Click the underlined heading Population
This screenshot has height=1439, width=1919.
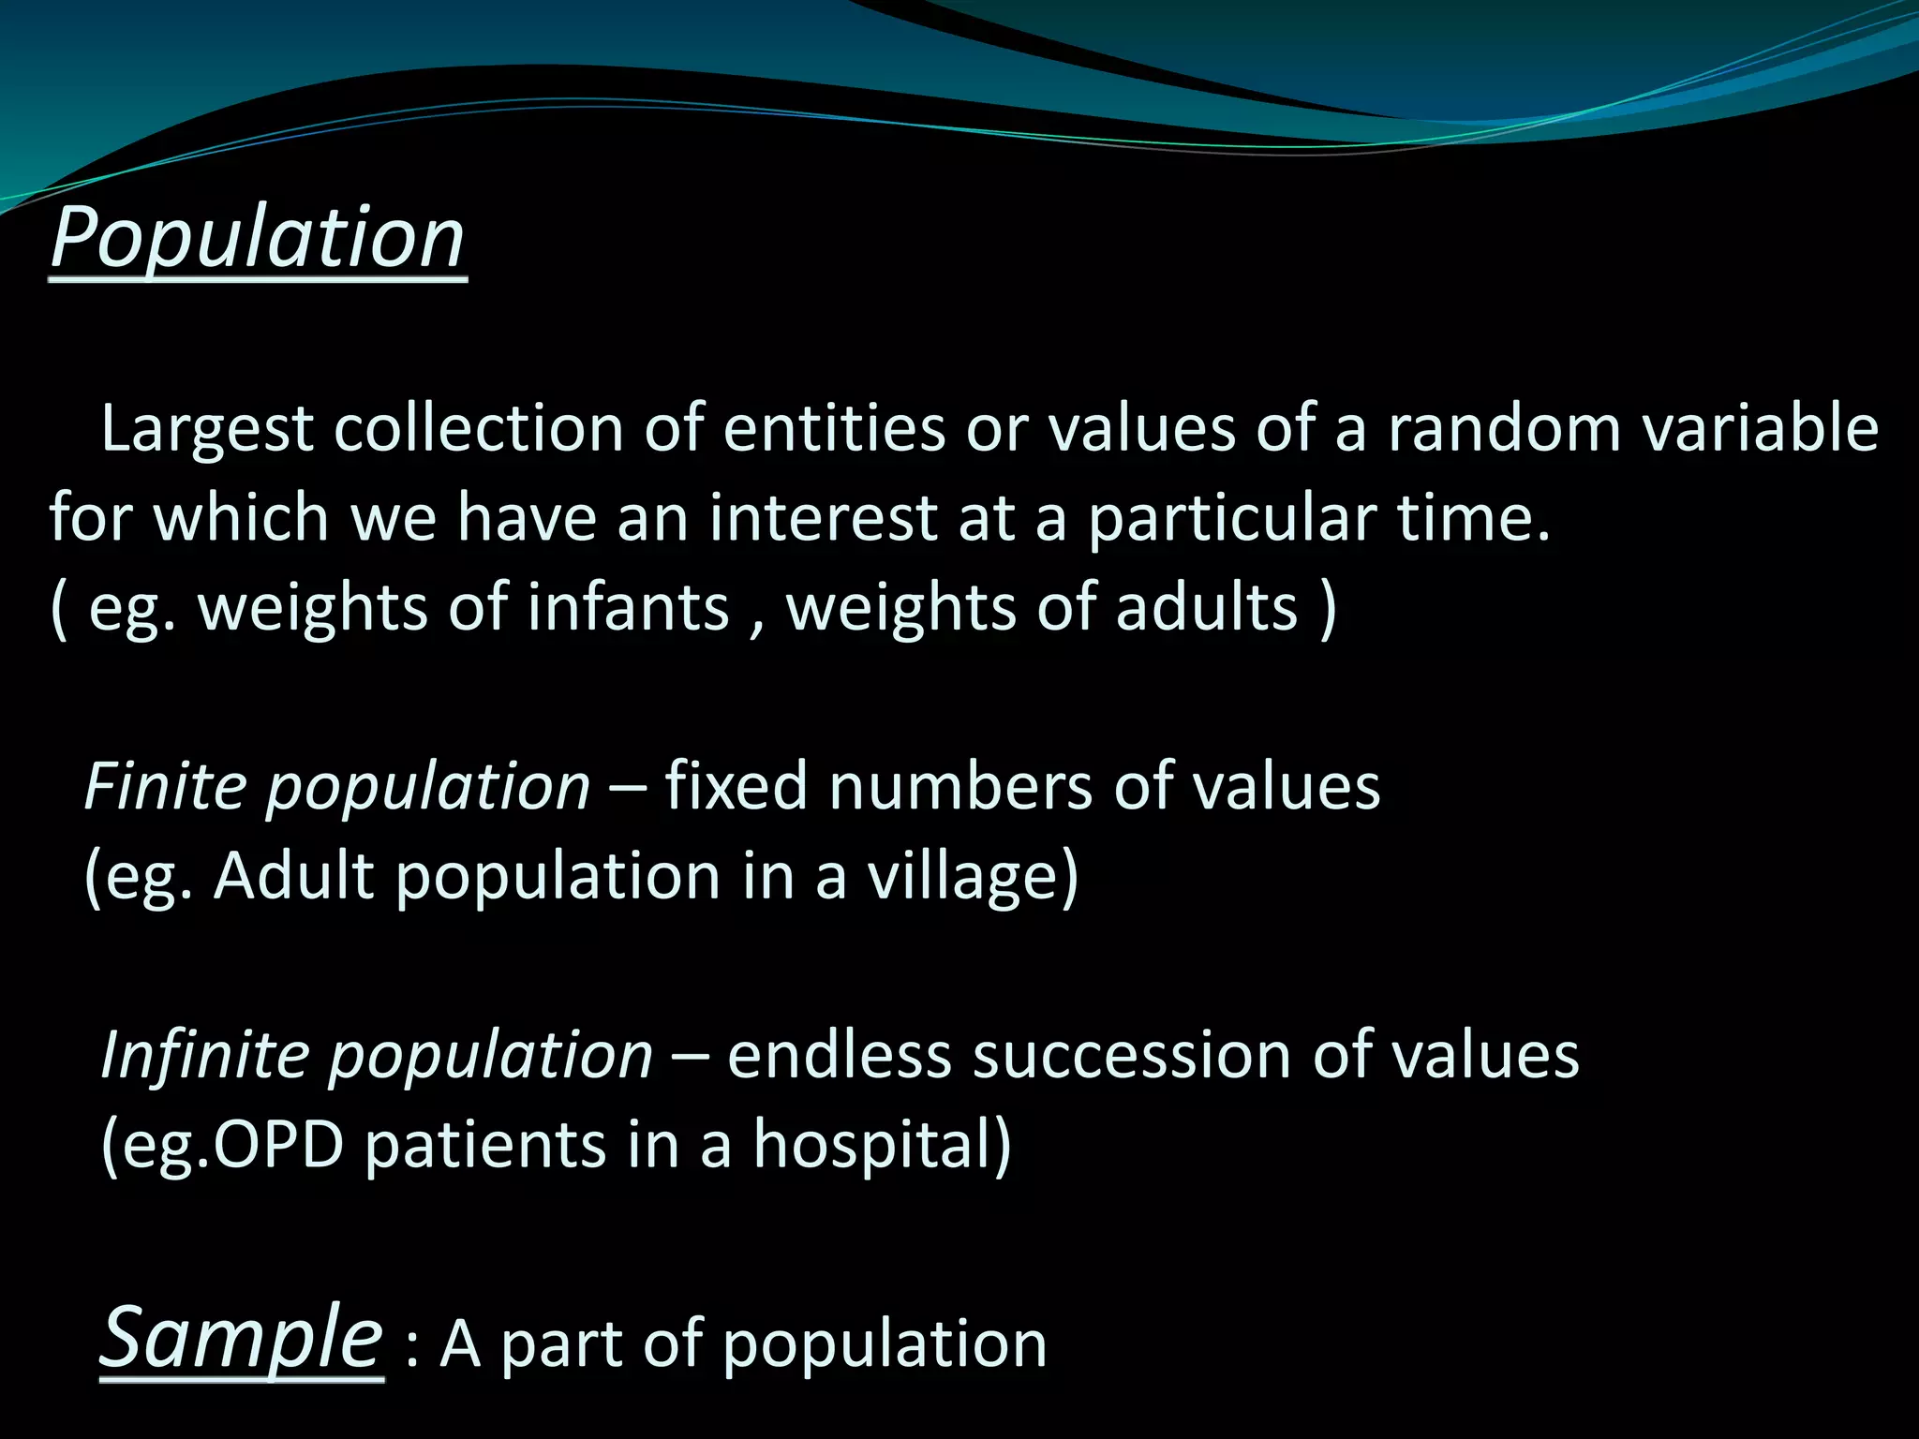[x=258, y=238]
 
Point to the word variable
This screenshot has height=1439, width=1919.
[x=1771, y=429]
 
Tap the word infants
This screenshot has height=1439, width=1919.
[x=628, y=607]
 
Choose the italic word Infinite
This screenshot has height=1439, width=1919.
[x=204, y=1055]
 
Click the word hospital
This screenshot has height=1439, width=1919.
[x=881, y=1145]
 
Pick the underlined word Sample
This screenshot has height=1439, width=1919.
[x=241, y=1338]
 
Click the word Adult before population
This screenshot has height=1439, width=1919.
[x=293, y=877]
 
